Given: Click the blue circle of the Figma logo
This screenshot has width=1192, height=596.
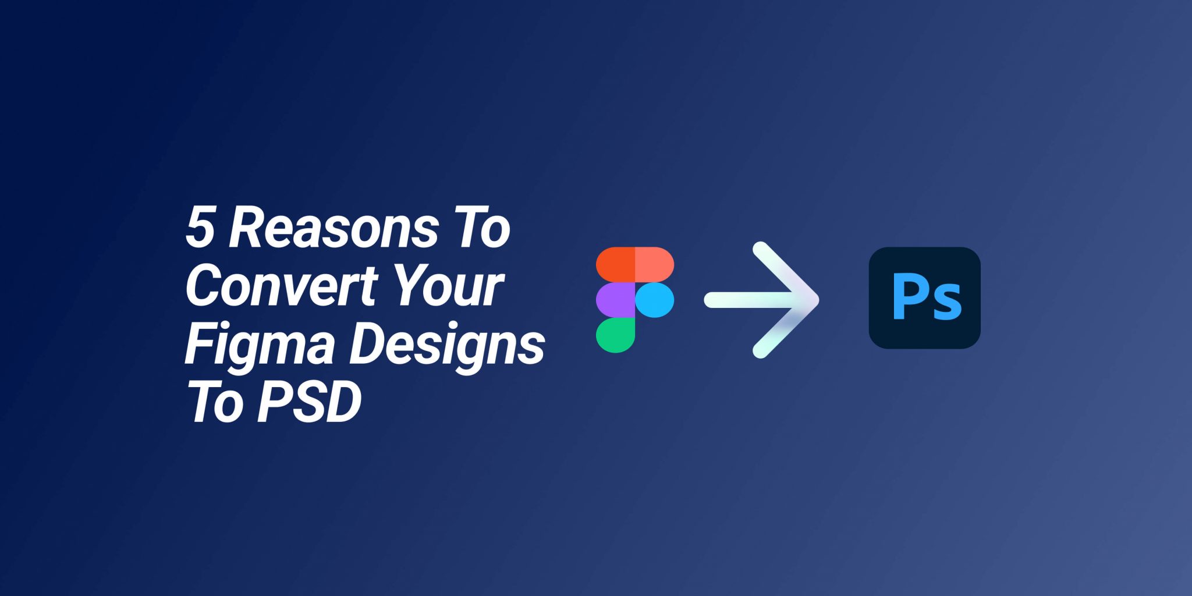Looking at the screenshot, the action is click(655, 300).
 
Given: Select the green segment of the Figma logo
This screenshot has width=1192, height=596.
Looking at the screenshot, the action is click(615, 335).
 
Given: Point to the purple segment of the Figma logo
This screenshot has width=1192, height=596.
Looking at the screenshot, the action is click(615, 300).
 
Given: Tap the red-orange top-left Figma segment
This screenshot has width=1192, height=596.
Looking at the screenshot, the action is click(615, 265).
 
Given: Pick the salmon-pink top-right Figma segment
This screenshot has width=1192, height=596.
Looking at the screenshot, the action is click(655, 265).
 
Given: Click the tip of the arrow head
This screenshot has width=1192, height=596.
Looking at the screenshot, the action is click(818, 300).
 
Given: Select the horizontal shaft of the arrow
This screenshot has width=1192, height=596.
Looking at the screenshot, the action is click(757, 300).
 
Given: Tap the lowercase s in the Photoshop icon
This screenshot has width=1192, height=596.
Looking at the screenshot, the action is click(946, 303).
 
